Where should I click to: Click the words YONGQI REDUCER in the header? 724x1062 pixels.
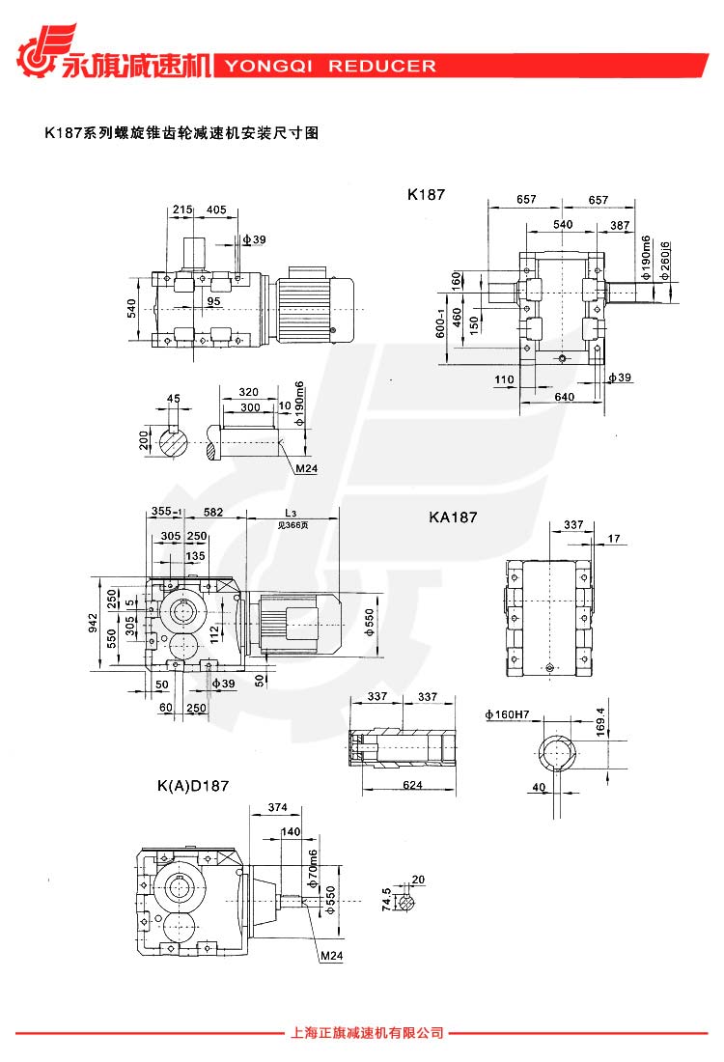pyautogui.click(x=330, y=67)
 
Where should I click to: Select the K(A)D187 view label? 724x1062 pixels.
pyautogui.click(x=193, y=786)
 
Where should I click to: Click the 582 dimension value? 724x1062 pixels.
pyautogui.click(x=213, y=512)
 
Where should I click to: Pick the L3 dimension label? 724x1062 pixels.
pyautogui.click(x=291, y=512)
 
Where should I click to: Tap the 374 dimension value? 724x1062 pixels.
pyautogui.click(x=278, y=807)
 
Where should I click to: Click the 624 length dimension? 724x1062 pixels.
pyautogui.click(x=412, y=785)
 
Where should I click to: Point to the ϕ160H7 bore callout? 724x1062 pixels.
pyautogui.click(x=509, y=715)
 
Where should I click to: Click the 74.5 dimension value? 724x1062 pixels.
pyautogui.click(x=386, y=901)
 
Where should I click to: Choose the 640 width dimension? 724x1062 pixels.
pyautogui.click(x=564, y=395)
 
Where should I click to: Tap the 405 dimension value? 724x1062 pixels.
pyautogui.click(x=216, y=210)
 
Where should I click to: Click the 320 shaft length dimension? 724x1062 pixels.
pyautogui.click(x=248, y=393)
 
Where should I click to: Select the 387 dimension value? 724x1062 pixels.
pyautogui.click(x=620, y=225)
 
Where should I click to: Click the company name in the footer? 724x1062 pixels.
pyautogui.click(x=366, y=1033)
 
